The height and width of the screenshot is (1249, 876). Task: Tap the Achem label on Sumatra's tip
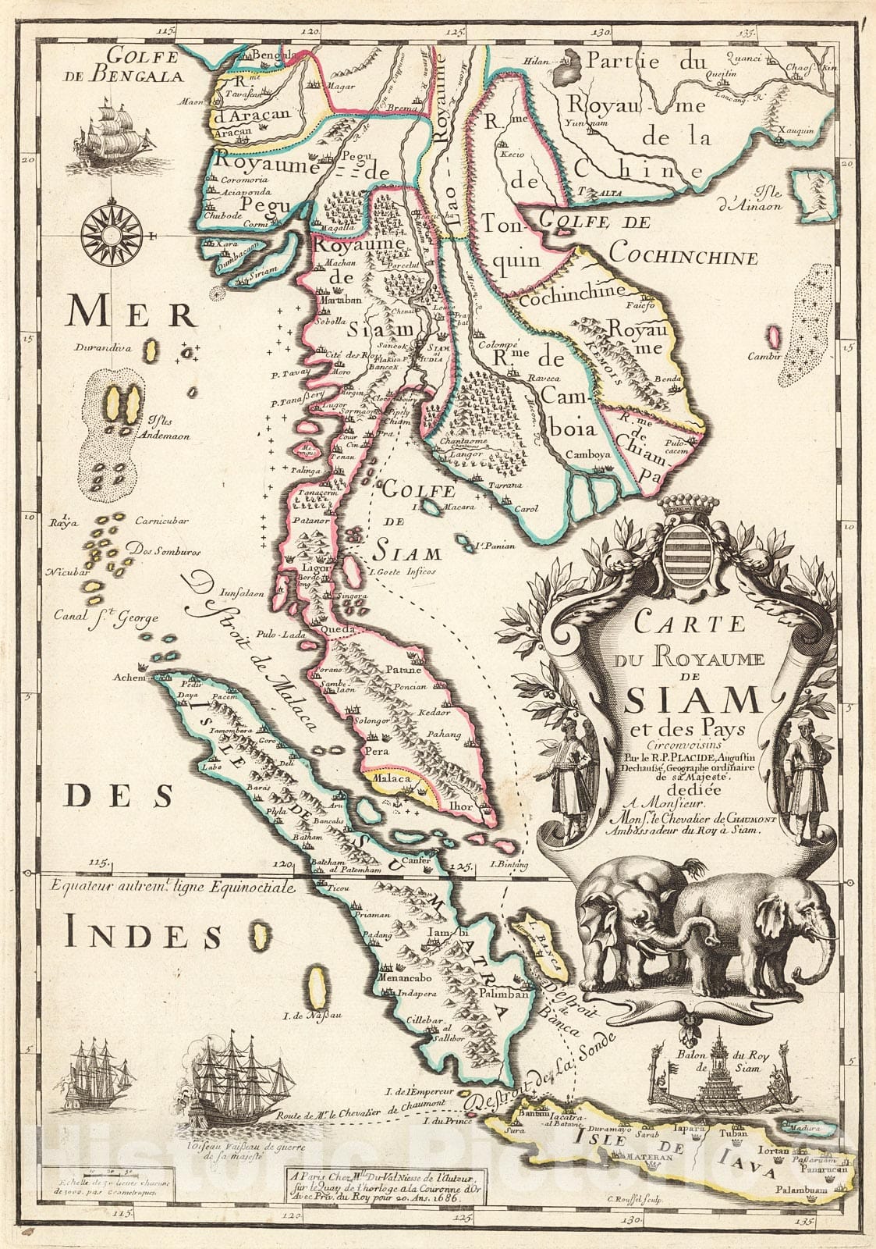(129, 677)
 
